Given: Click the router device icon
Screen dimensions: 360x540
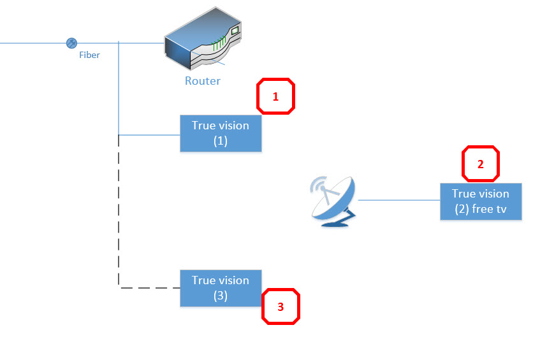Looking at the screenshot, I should point(203,43).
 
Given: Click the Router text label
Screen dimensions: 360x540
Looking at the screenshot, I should point(203,81).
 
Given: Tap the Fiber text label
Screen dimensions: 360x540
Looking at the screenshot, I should point(89,55).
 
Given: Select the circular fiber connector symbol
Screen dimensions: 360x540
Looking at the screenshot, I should point(72,43).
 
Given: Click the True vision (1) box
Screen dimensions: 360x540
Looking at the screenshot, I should point(221,133).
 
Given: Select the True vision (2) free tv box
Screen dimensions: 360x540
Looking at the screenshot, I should point(481,201).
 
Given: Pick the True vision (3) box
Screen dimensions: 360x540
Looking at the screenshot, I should point(221,288).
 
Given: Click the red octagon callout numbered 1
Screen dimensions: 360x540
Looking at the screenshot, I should point(275,97).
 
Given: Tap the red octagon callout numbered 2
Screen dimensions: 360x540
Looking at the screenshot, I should point(481,164).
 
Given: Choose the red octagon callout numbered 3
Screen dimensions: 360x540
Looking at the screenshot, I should point(281,306).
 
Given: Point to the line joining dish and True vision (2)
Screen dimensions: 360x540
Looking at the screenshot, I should point(398,200).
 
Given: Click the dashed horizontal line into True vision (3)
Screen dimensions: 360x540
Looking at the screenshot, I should point(150,288).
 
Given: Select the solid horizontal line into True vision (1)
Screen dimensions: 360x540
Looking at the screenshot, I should point(150,135).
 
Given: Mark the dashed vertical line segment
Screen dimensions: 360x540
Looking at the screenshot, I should point(119,210).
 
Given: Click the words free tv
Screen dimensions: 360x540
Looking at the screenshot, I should point(489,210).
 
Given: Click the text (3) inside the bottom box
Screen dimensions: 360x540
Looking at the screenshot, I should point(221,296).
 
